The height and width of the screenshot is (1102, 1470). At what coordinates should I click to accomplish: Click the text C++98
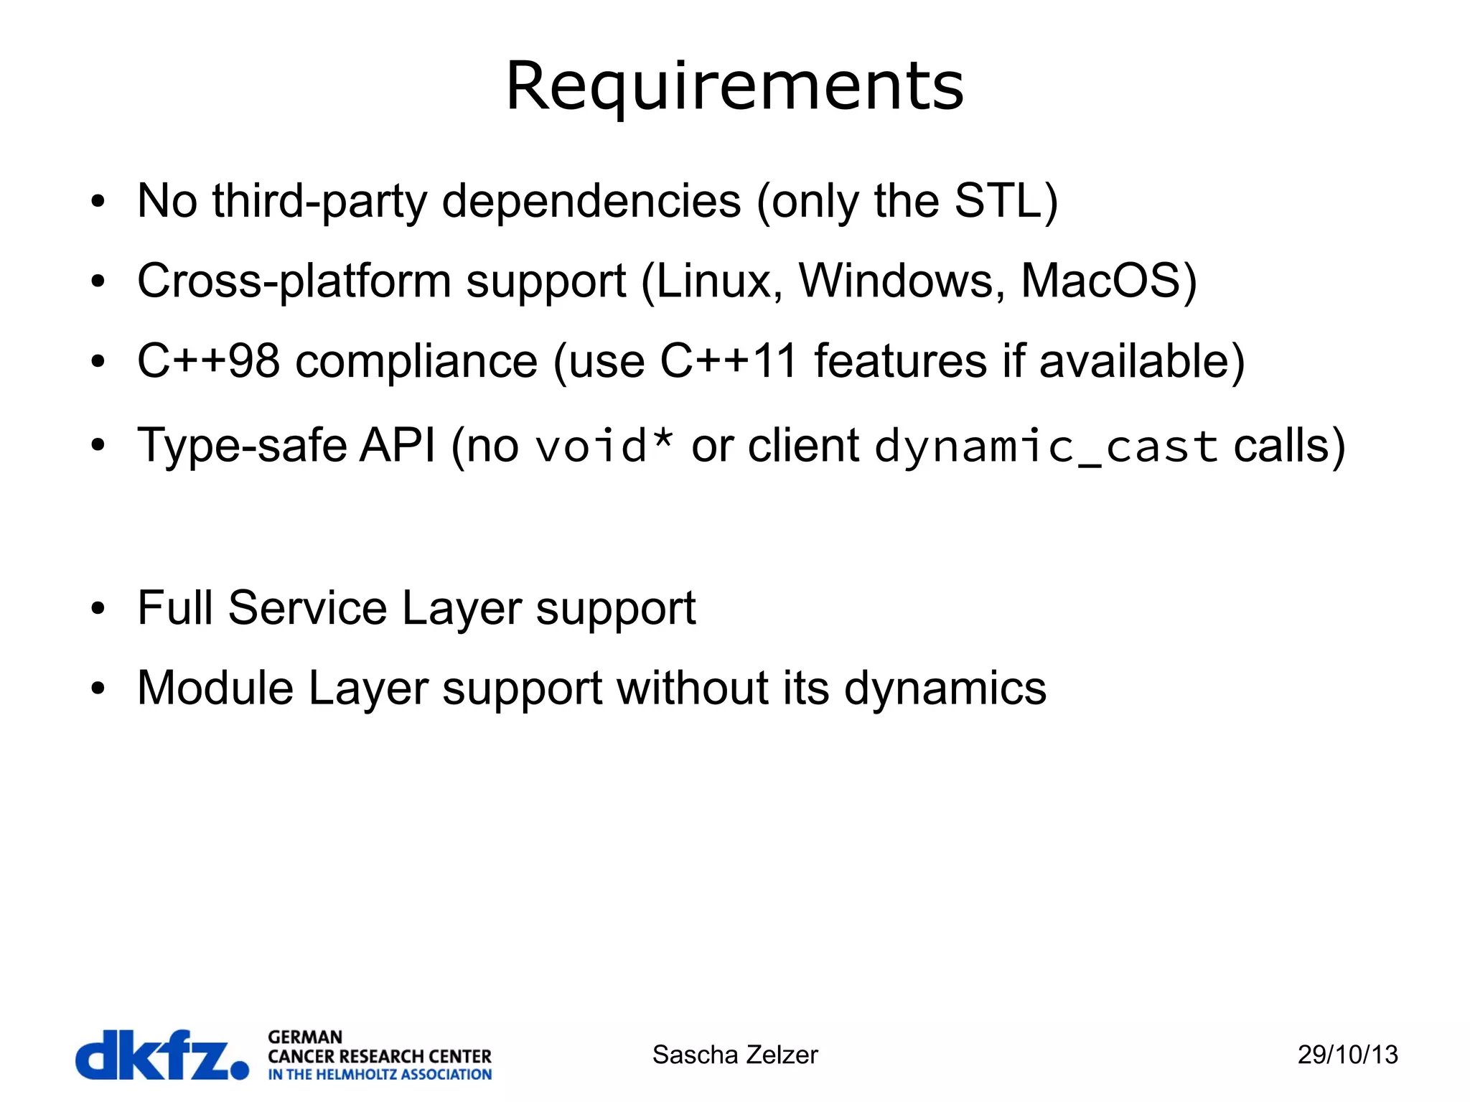[208, 360]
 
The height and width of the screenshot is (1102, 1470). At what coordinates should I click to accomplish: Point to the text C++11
[728, 360]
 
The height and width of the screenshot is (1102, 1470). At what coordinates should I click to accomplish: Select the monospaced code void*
[604, 446]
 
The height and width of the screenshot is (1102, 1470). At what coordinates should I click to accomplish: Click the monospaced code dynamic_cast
[1046, 446]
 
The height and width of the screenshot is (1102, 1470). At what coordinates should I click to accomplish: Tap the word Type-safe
[243, 446]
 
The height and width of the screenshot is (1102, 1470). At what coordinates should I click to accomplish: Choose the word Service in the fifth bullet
[308, 608]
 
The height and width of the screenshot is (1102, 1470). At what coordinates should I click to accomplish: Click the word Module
[215, 688]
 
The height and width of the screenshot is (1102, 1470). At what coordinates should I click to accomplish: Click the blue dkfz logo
[161, 1055]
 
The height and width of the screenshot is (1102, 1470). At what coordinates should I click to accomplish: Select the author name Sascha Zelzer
[734, 1055]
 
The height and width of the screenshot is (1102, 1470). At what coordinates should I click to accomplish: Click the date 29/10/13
[1347, 1055]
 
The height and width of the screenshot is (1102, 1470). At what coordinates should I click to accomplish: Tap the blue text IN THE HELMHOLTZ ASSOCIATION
[380, 1075]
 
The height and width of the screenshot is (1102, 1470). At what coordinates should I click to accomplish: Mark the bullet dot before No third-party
[98, 202]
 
